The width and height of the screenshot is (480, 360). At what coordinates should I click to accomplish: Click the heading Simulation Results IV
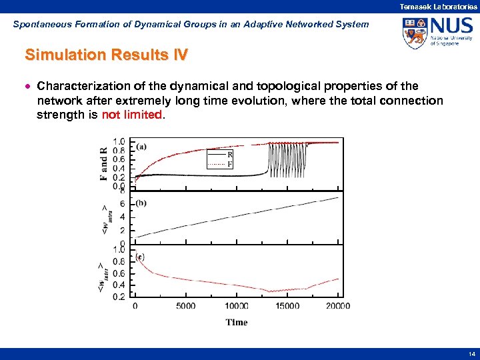coord(106,55)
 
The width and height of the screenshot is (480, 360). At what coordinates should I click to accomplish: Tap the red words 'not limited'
coord(131,115)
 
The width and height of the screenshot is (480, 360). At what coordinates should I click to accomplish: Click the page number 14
coord(471,353)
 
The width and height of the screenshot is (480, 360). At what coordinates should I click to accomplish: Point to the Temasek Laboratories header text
coord(438,6)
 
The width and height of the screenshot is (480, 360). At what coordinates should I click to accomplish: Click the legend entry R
coord(231,153)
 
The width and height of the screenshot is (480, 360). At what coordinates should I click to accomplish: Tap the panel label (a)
coord(141,146)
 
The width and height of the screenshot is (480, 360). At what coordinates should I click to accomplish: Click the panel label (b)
coord(141,203)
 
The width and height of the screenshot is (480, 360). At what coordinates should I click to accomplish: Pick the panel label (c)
coord(141,257)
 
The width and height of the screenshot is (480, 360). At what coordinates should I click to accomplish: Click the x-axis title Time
coord(237,322)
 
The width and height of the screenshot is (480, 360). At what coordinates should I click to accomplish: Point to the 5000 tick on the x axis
coord(186,306)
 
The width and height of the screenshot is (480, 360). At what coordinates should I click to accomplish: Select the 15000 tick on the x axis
coord(287,306)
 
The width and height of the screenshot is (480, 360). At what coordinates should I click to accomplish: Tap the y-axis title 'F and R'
coord(104,163)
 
